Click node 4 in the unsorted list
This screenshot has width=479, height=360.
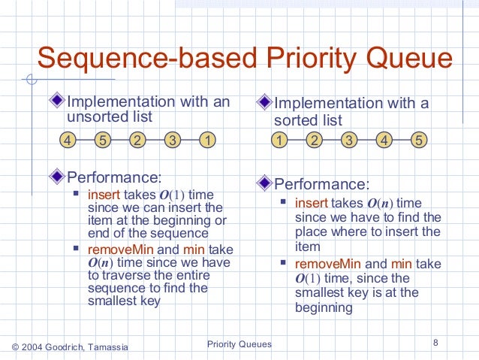[68, 140]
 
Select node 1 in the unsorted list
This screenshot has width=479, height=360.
[207, 140]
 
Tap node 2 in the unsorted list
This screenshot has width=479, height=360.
[138, 140]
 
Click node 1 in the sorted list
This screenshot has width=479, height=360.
[279, 140]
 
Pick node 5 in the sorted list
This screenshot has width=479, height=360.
[418, 140]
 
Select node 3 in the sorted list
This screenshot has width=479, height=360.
[348, 140]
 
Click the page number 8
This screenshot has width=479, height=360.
[435, 343]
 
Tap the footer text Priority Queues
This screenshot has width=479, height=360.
[239, 344]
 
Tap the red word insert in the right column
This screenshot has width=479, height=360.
[311, 203]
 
